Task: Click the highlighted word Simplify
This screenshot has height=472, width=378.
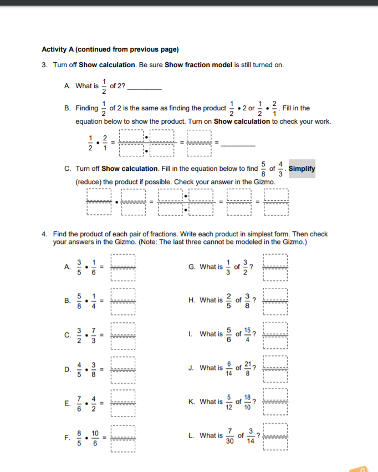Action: pyautogui.click(x=302, y=169)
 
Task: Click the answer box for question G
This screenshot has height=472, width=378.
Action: pyautogui.click(x=275, y=267)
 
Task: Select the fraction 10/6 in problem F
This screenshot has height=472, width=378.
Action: pyautogui.click(x=95, y=436)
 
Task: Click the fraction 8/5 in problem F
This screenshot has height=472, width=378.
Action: pyautogui.click(x=79, y=436)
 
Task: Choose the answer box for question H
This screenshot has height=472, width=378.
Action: pyautogui.click(x=275, y=301)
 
